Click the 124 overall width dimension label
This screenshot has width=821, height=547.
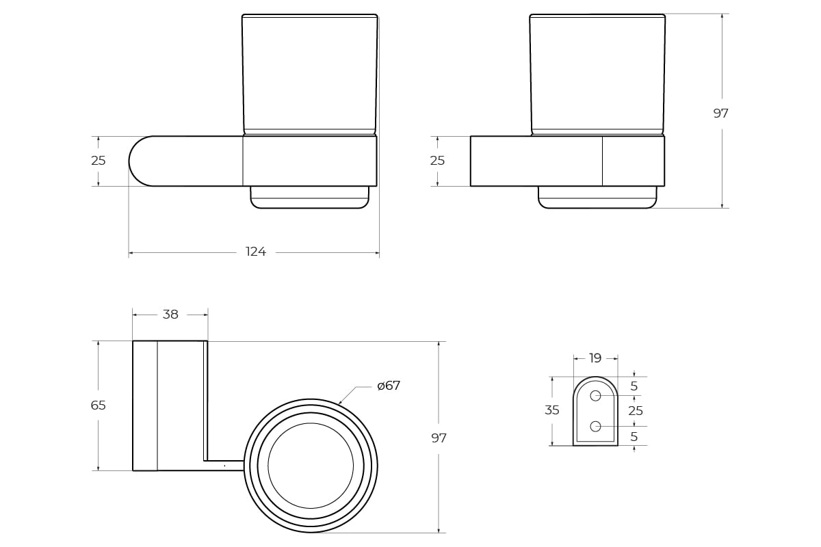[256, 252]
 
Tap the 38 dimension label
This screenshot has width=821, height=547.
[170, 315]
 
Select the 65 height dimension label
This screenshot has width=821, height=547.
[99, 405]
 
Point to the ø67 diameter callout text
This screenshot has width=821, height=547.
[389, 386]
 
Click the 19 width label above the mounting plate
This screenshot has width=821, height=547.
[595, 358]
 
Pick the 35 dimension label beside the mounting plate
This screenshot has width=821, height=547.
[552, 410]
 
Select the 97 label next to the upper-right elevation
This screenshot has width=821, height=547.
[720, 114]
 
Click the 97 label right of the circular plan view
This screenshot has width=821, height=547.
[439, 438]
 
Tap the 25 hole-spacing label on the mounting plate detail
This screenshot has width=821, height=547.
[636, 411]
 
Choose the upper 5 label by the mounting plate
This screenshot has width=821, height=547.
[634, 386]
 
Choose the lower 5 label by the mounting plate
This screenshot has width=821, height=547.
[634, 437]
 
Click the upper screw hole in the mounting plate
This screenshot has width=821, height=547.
[595, 396]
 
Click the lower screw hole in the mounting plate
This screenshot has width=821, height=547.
[595, 427]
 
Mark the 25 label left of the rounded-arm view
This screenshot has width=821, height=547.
[99, 161]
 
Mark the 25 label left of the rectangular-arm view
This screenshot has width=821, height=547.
[437, 161]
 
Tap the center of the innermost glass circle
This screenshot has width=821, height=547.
[311, 466]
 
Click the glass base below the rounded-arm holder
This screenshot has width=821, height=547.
[310, 198]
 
